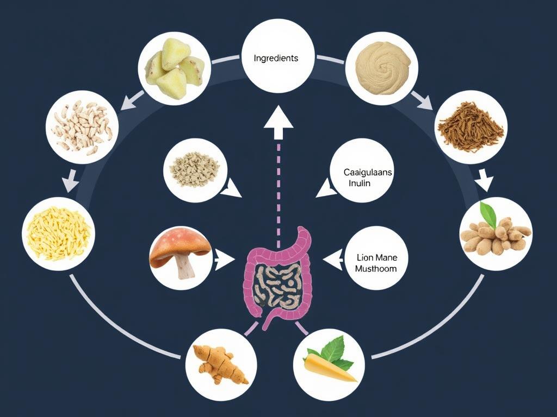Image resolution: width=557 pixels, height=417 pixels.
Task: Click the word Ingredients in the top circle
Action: [x=276, y=58]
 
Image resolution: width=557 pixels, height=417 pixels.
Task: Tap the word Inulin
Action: [x=359, y=184]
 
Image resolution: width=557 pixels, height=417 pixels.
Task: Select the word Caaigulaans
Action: [x=368, y=172]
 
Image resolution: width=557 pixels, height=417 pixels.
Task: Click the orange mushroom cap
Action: [x=180, y=245]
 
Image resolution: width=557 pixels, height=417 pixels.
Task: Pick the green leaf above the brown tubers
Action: [x=488, y=215]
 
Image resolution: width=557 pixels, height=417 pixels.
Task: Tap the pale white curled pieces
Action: [x=82, y=128]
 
